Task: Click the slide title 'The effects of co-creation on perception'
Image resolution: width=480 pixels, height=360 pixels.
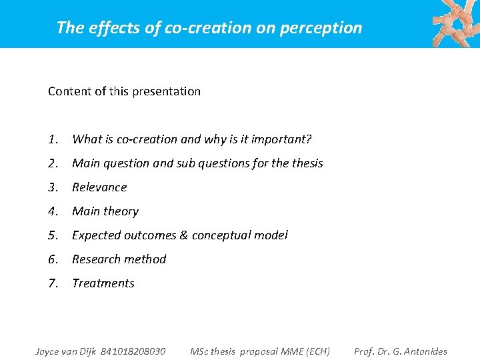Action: tap(209, 27)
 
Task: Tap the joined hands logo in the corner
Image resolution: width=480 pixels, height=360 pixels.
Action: tap(455, 23)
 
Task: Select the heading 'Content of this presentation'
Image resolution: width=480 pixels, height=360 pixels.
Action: tap(124, 91)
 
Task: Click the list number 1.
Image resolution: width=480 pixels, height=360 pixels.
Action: tap(53, 139)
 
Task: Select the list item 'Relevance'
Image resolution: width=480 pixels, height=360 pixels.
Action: tap(99, 187)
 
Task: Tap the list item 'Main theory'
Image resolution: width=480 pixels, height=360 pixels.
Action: tap(105, 211)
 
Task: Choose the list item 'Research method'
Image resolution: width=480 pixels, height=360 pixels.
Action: tap(119, 259)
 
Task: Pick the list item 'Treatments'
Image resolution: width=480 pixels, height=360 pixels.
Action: tap(103, 283)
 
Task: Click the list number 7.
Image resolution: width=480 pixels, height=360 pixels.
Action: tap(53, 283)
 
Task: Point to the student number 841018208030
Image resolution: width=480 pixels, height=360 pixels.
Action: tap(133, 351)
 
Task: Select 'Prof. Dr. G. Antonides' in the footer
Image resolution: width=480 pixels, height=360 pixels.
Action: tap(401, 351)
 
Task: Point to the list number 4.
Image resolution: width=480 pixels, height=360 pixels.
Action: tap(53, 211)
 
